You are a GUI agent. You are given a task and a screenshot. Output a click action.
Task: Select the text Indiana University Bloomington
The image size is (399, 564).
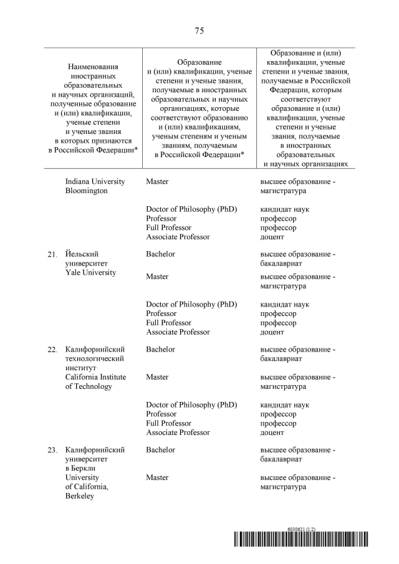coord(95,186)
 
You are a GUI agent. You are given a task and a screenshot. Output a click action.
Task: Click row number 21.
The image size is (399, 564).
coord(52,255)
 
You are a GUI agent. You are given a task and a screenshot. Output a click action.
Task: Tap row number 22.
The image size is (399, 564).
coord(52,350)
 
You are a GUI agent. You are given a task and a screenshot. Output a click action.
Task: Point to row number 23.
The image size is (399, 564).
coord(52,450)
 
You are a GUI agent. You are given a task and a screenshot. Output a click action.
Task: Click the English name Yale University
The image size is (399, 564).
coord(90,273)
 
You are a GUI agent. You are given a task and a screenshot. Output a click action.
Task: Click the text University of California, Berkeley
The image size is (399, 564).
coord(87,487)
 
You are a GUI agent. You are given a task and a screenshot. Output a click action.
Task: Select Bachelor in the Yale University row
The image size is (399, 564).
coord(160,254)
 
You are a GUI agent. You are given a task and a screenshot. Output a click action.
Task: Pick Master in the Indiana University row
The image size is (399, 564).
coord(157,181)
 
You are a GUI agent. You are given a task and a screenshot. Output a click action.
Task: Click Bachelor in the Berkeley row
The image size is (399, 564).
coord(160,449)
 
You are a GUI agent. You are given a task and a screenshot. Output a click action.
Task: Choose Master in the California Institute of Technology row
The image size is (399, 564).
coord(157,377)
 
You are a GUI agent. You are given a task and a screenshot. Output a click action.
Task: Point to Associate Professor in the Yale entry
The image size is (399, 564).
coord(178,332)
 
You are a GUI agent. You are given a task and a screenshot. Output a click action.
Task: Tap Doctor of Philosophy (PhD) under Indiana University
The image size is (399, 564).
coord(191,209)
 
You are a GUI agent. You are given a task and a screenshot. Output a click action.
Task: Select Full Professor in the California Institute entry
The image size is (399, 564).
coord(168,423)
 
